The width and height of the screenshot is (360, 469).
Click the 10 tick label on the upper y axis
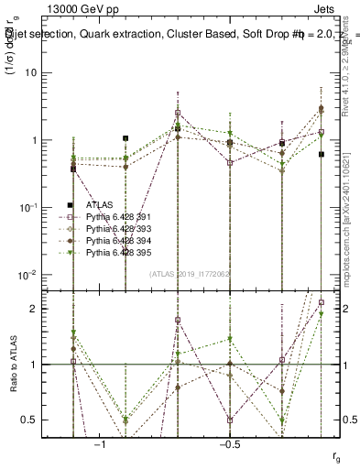tap(33, 72)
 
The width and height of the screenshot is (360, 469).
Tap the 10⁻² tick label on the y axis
tap(30, 274)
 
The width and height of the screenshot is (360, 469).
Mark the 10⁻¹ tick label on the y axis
tap(30, 207)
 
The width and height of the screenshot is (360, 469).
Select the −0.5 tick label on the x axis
tap(228, 444)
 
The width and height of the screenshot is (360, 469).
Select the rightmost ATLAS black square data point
tap(322, 154)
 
